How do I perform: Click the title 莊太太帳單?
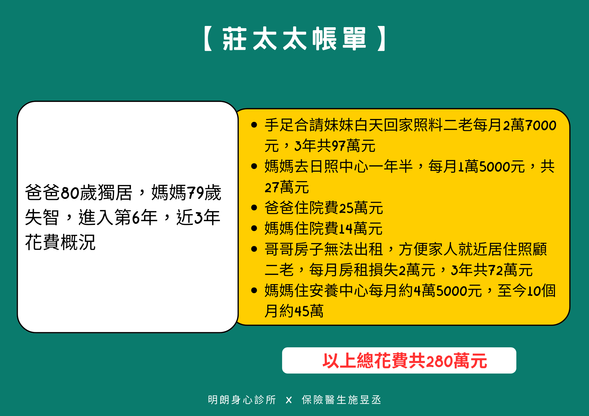click(x=294, y=39)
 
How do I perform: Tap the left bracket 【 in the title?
click(x=208, y=39)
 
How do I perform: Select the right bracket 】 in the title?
click(x=381, y=39)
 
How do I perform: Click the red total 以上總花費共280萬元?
click(x=405, y=361)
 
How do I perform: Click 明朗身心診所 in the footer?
click(x=242, y=400)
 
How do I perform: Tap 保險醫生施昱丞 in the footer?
click(x=341, y=400)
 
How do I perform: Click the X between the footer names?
click(x=289, y=400)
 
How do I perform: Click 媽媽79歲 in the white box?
click(x=186, y=192)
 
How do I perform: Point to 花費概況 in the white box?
click(x=60, y=242)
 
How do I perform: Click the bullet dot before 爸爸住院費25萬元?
click(x=254, y=208)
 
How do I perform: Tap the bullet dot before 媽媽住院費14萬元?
click(x=254, y=228)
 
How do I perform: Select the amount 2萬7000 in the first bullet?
click(x=529, y=125)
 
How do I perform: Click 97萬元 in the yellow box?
click(x=353, y=146)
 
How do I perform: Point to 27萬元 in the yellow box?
click(x=287, y=187)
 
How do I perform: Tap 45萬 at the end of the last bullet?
click(x=309, y=311)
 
